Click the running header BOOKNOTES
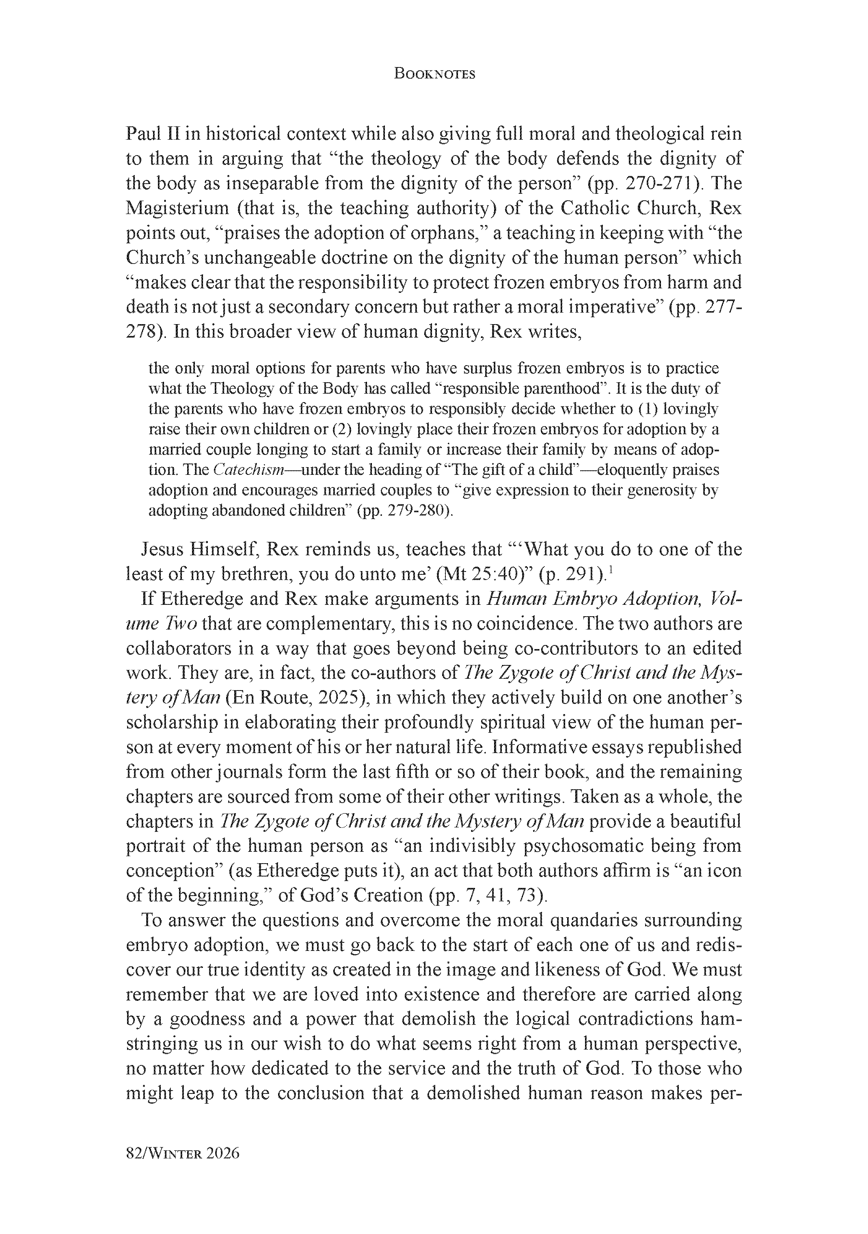434,74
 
